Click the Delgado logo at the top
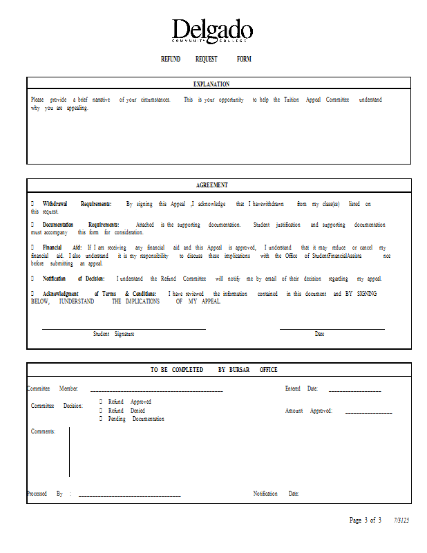tap(212, 32)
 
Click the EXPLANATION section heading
tap(212, 84)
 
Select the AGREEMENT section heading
tap(212, 185)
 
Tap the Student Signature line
tap(124, 328)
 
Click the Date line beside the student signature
tap(332, 328)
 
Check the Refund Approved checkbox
tap(101, 402)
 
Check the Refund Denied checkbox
tap(101, 411)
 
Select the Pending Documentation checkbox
tap(101, 419)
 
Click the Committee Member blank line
tap(156, 391)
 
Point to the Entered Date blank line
tap(354, 391)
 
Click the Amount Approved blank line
tap(368, 413)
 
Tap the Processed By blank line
tap(129, 496)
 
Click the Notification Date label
tap(276, 494)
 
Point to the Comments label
tap(43, 431)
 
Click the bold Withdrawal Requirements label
tap(77, 204)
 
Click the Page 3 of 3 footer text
tap(365, 521)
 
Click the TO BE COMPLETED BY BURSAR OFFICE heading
tap(213, 370)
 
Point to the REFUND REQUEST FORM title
tap(206, 59)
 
